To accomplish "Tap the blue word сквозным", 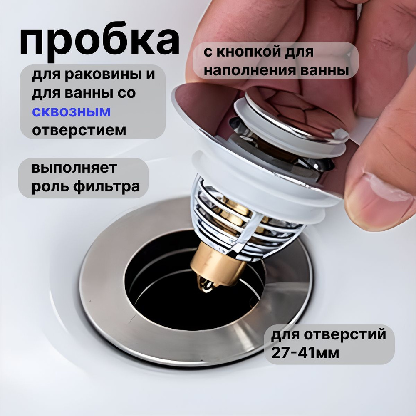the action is tap(72, 111).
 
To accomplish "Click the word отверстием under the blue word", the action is tap(79, 130).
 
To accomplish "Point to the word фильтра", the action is tap(106, 186).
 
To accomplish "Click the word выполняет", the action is tap(74, 168).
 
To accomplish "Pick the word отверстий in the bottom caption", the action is tap(345, 334).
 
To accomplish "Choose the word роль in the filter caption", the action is tap(50, 187).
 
